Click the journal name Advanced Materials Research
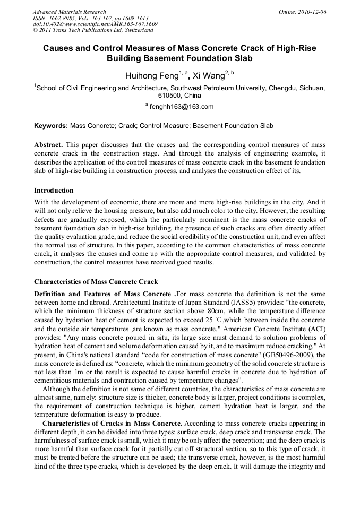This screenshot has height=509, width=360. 70,12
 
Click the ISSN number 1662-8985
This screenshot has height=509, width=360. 59,18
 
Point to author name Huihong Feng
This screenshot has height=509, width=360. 151,76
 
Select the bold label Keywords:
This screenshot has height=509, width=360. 51,126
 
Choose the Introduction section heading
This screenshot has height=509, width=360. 54,191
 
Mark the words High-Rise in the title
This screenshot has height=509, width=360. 295,48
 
